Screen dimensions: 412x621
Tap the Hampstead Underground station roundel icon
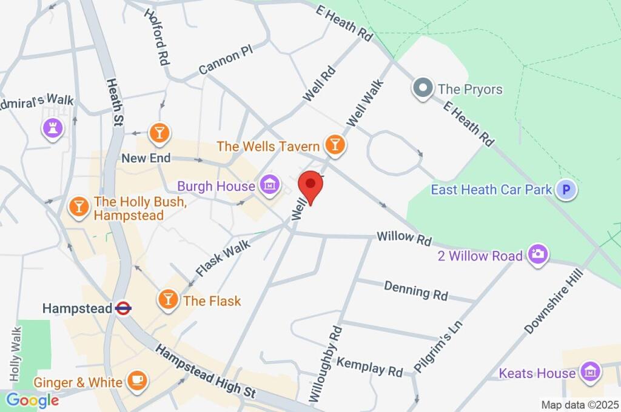(x=123, y=308)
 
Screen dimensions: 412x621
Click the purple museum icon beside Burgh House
(x=268, y=185)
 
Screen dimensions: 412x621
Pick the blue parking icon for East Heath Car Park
(x=567, y=190)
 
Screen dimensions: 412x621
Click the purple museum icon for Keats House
(x=589, y=373)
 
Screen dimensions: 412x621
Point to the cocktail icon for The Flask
(x=168, y=299)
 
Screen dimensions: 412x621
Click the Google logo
(x=32, y=400)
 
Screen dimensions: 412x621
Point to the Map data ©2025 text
(x=579, y=404)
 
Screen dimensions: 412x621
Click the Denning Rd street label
(x=416, y=291)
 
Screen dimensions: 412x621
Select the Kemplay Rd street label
(x=369, y=366)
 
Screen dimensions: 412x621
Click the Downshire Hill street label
(x=554, y=301)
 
